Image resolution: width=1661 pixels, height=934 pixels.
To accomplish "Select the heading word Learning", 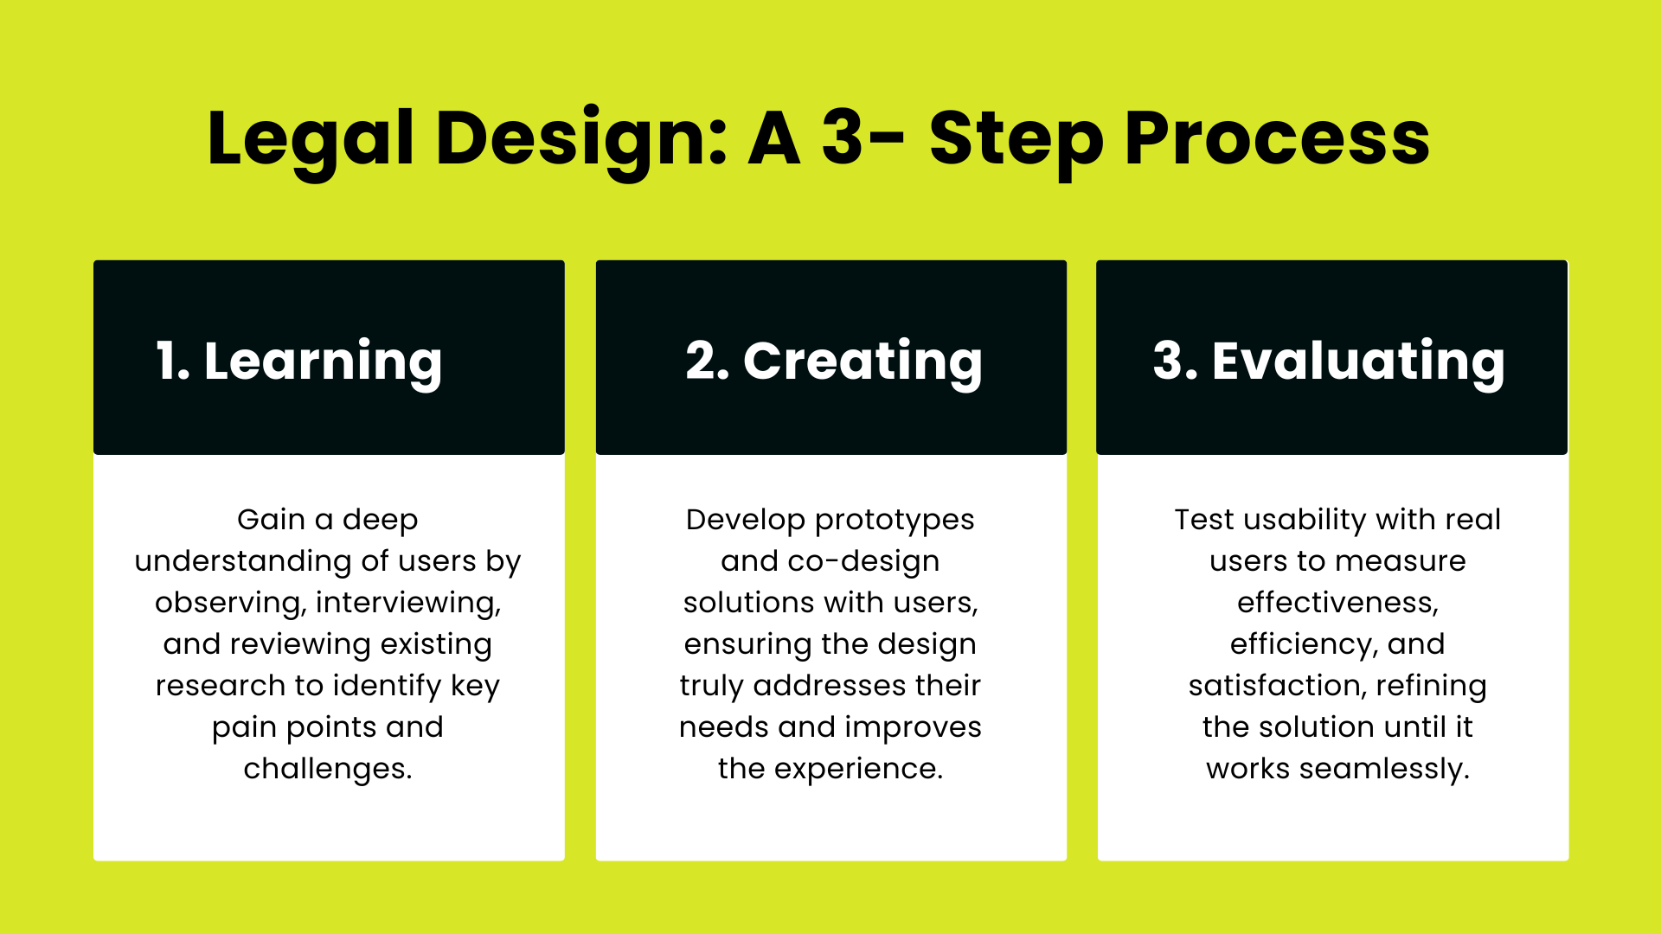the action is coord(323,361).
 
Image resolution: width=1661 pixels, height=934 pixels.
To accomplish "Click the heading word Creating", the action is coord(863,361).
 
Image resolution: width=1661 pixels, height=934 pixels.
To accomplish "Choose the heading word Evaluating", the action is coord(1358,361).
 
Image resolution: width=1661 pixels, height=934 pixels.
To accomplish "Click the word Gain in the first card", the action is coord(271,520).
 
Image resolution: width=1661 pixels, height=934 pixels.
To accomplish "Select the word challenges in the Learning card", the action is coord(327,769).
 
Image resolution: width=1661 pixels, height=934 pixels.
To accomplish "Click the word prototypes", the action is coord(895,520).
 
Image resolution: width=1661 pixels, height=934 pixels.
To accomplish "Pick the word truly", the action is coord(711,686).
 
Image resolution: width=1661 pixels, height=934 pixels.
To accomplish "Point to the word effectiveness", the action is coord(1337,603).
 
